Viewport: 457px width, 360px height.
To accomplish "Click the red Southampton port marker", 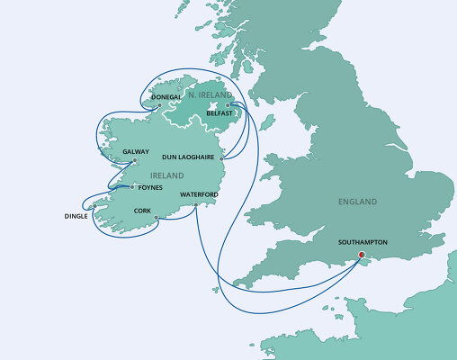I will click(362, 255).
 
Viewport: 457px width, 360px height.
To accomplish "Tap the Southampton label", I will click(363, 242).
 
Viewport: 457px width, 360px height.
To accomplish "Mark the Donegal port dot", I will click(160, 106).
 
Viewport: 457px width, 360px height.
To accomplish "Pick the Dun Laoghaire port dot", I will click(220, 157).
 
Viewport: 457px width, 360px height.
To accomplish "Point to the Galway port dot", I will click(134, 161).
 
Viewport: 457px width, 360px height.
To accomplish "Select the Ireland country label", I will click(168, 175).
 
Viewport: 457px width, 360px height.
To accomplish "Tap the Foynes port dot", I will click(132, 187).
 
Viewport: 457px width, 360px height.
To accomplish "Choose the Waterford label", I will click(199, 194).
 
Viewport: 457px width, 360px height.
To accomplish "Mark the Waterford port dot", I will click(194, 205).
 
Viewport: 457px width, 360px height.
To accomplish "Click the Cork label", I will click(140, 211).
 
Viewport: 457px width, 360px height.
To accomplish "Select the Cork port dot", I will click(156, 217).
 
